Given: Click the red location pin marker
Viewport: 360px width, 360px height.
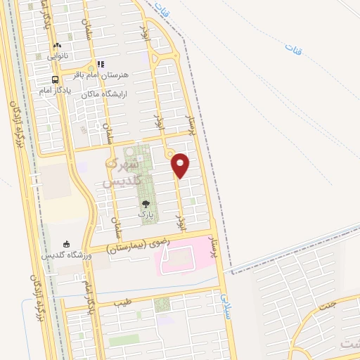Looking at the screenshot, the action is (x=181, y=165).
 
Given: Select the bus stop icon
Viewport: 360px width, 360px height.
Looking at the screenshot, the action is (x=55, y=79).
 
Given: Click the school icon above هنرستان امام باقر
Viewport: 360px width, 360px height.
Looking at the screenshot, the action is (x=101, y=65).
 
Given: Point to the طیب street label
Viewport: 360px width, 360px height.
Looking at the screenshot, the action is (x=122, y=304).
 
